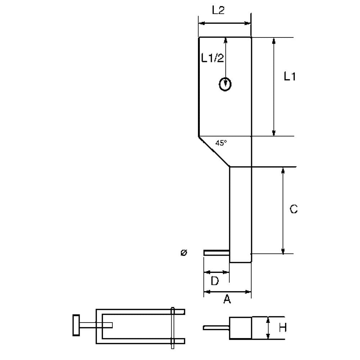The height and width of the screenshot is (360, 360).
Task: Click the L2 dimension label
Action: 218,10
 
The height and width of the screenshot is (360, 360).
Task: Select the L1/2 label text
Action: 212,58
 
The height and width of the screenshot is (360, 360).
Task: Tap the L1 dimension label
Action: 290,76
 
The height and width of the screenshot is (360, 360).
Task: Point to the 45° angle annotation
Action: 221,143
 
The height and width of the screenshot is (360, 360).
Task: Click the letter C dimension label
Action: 294,209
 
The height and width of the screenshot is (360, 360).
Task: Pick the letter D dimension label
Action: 215,280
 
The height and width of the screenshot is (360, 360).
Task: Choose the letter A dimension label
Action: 227,299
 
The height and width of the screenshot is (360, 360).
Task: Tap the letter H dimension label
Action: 283,328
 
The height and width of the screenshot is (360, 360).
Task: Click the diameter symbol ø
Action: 184,253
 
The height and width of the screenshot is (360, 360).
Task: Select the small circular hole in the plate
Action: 225,84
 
